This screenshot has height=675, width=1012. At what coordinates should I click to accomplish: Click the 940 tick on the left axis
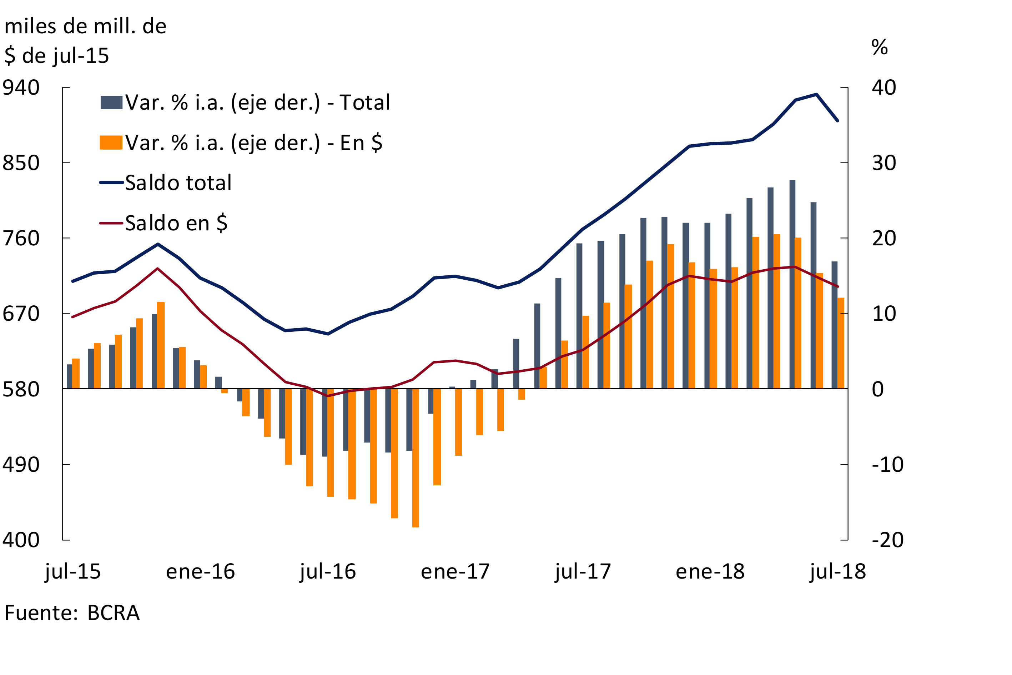pos(21,88)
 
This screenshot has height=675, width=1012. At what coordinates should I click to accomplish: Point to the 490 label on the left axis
pos(21,465)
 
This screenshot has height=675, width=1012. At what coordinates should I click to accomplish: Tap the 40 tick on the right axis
pos(884,88)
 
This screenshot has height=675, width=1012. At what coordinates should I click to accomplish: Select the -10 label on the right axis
pos(887,465)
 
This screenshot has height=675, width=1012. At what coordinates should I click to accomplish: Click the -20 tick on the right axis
pos(887,540)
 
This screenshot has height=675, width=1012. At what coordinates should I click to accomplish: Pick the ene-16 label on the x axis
pos(201,572)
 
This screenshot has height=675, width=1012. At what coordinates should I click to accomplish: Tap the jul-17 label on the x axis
pos(583,572)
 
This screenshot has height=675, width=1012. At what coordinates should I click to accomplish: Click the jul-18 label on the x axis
pos(838,572)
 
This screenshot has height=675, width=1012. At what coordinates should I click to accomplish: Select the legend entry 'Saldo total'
pos(178,183)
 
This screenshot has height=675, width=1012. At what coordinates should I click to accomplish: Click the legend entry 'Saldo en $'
pos(176,223)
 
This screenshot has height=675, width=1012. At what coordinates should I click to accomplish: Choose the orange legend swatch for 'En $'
pos(111,142)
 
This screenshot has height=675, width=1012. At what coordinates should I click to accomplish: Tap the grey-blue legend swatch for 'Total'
pos(111,102)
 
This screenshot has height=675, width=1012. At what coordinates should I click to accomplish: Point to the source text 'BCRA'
pos(113,613)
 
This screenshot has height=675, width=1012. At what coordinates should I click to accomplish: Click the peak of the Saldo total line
pos(816,94)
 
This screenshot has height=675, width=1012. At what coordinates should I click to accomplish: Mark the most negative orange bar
pos(415,457)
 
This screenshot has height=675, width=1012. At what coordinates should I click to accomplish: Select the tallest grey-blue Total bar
pos(792,284)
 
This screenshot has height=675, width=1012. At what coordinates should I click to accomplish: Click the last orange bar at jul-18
pos(841,343)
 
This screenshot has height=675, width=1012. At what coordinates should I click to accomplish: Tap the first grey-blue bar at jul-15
pos(70,377)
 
